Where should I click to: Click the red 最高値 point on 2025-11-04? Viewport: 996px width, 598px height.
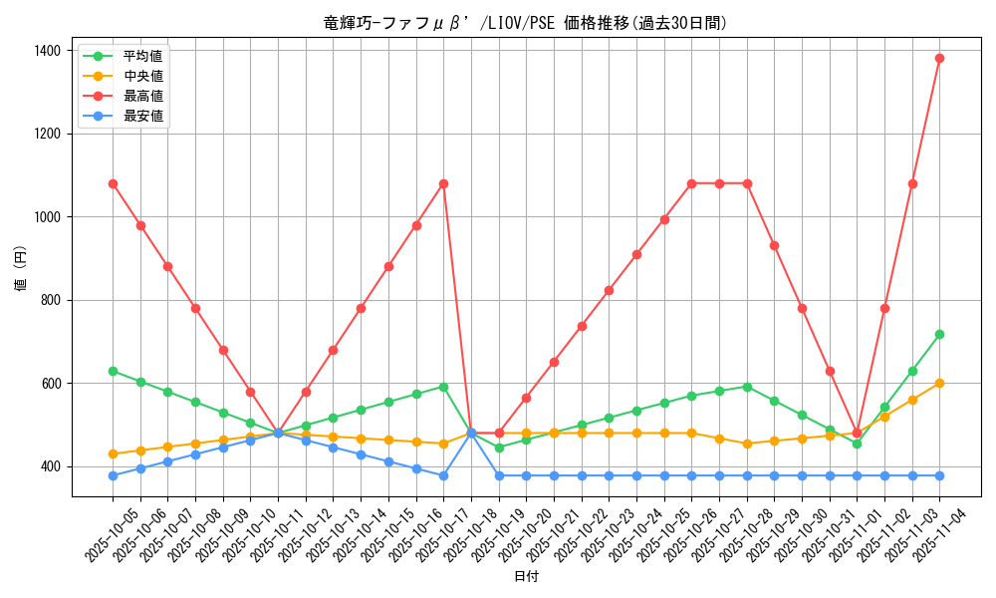pos(939,58)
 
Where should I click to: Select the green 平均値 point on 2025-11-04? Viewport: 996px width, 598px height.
pos(939,334)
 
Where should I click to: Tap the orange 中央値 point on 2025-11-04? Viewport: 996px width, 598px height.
pos(939,383)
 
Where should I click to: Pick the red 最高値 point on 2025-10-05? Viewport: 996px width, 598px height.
pos(113,183)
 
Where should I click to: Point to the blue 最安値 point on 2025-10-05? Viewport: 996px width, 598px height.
pos(113,475)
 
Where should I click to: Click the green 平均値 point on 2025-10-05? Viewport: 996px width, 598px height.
pos(113,371)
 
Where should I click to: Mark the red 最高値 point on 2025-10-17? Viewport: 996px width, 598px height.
pos(443,183)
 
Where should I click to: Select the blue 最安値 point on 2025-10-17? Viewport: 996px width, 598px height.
pos(443,475)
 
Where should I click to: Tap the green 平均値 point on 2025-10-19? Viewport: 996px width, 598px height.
pos(499,448)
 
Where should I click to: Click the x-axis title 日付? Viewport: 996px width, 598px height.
pos(526,577)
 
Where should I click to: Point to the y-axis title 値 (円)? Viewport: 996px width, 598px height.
pos(21,270)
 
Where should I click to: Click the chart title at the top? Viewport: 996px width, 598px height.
pos(526,23)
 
